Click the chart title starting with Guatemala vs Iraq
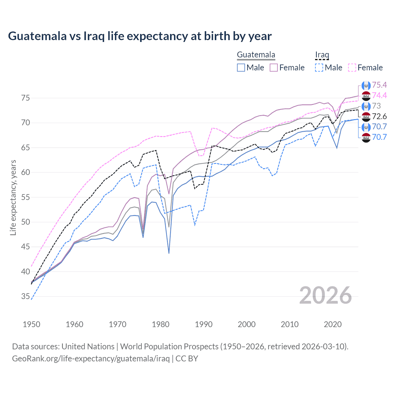tap(140, 36)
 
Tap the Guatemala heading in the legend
tap(256, 55)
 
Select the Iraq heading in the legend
tap(322, 55)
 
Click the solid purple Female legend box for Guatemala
tap(274, 68)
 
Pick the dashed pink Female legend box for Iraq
tap(352, 68)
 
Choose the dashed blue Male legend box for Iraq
tap(319, 68)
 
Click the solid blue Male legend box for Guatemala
tap(241, 68)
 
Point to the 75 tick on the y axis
tap(26, 98)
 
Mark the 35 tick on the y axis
tap(26, 297)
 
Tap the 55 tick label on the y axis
tap(26, 197)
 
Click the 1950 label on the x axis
tap(31, 324)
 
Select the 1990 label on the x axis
tap(204, 324)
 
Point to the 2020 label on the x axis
tap(333, 324)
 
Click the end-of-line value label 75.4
tap(379, 85)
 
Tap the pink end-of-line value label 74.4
tap(379, 95)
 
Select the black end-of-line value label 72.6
tap(379, 116)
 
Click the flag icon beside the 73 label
tap(366, 106)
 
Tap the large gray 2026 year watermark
tap(325, 295)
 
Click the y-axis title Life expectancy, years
tap(13, 197)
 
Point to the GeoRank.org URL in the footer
tap(91, 359)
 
